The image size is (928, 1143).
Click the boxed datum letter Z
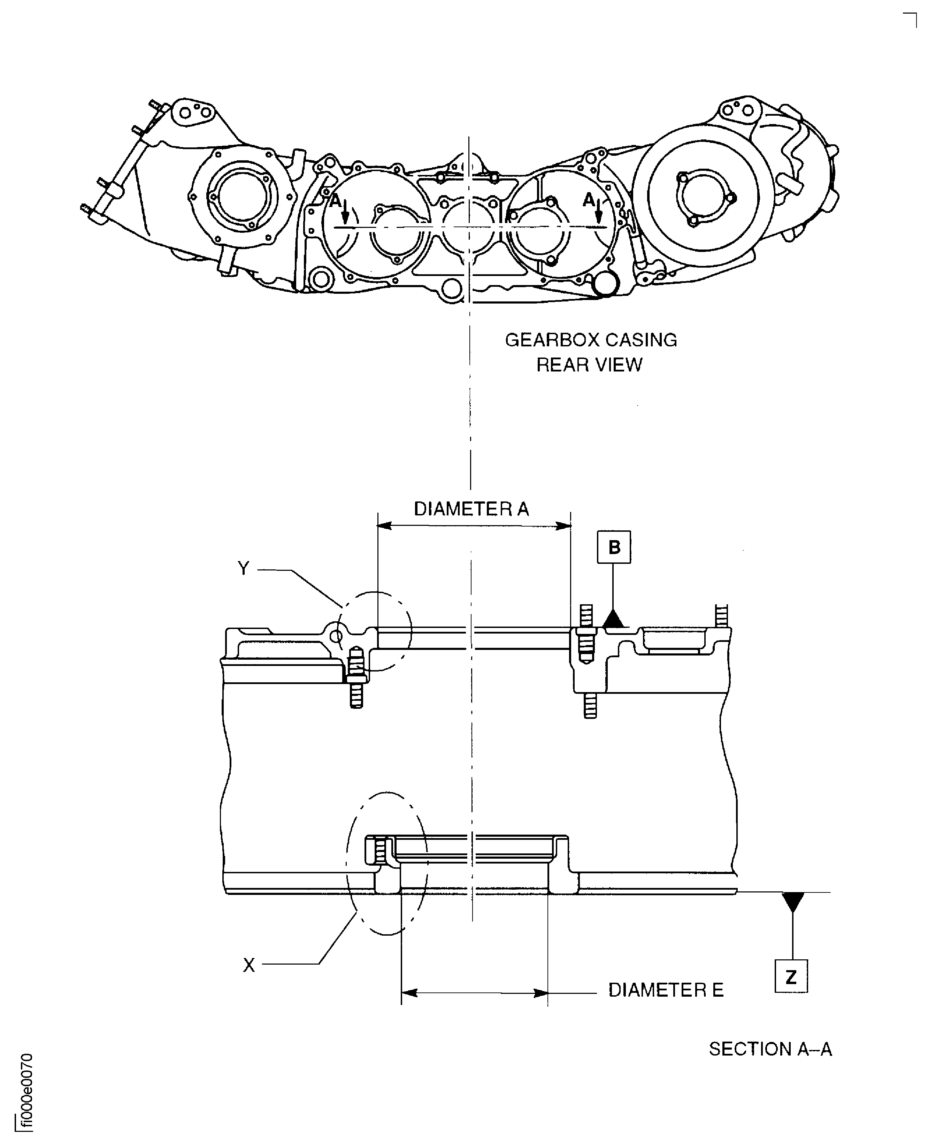(791, 977)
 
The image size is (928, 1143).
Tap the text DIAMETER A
(471, 509)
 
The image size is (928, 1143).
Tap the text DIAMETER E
(666, 990)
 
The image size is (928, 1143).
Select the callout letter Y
(243, 568)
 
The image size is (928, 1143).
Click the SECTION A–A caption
(770, 1049)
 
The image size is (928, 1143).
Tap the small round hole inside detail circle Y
(336, 636)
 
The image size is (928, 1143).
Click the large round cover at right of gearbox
(703, 195)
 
